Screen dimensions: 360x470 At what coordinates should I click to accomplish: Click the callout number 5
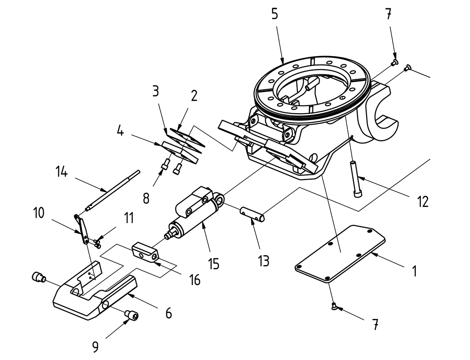point(274,14)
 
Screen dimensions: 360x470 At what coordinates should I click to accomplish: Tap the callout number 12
point(423,201)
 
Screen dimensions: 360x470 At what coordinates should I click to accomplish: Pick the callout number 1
point(413,271)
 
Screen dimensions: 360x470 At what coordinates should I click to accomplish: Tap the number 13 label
point(264,260)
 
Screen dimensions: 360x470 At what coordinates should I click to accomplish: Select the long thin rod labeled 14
point(113,190)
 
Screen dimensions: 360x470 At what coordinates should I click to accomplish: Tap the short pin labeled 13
point(253,214)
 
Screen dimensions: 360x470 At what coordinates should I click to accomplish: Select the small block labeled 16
point(145,251)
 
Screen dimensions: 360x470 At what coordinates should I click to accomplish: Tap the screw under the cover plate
point(334,305)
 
